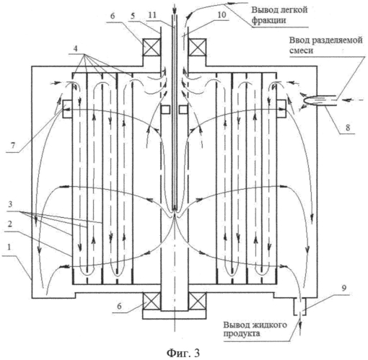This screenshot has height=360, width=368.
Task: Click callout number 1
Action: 9,247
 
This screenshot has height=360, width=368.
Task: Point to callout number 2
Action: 9,224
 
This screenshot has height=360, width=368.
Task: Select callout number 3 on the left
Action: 10,205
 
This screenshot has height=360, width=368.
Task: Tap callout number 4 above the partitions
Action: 76,48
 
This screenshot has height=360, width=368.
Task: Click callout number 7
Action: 12,145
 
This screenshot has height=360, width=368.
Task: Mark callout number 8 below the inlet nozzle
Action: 348,128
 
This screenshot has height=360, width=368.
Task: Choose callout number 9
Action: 344,289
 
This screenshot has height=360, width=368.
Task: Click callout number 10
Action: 222,14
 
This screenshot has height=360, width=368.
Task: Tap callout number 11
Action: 152,15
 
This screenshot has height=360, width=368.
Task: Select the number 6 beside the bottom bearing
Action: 120,306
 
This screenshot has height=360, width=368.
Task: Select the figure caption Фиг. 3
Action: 183,353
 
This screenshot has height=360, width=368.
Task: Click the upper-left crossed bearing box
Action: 152,47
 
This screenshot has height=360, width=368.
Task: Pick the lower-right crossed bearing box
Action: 197,301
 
